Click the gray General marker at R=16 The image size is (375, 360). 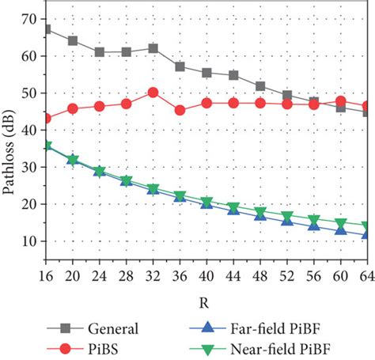[x=47, y=29]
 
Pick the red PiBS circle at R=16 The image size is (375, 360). [x=47, y=119]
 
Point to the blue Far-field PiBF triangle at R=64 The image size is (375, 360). [x=367, y=234]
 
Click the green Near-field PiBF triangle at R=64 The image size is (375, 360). [x=367, y=226]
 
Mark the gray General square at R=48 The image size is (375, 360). [x=260, y=86]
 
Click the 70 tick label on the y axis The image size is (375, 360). [x=29, y=18]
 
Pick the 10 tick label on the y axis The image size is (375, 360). [x=29, y=241]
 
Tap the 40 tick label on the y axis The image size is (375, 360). [x=29, y=130]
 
